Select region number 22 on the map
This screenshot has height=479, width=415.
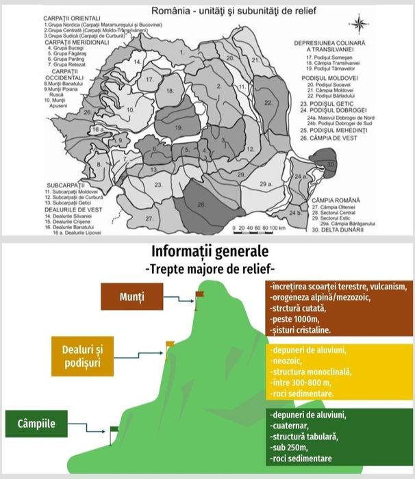click(x=268, y=102)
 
